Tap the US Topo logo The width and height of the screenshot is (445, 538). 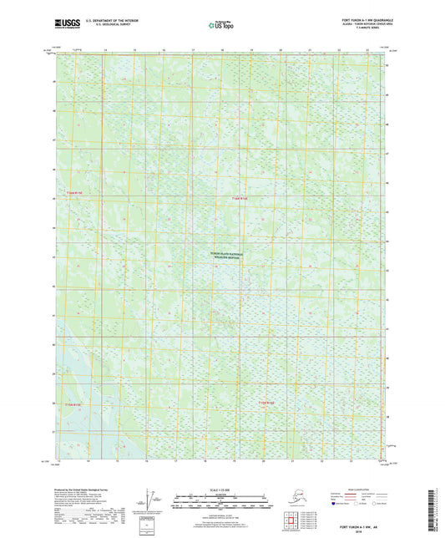click(221, 25)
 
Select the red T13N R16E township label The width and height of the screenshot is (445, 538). click(240, 198)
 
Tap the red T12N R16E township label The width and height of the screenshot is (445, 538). click(265, 404)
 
